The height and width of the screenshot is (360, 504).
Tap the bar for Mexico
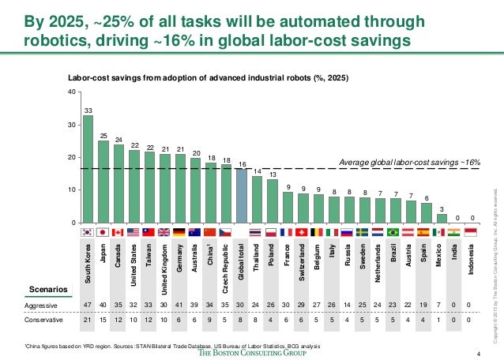pyautogui.click(x=442, y=218)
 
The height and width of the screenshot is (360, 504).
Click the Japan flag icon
pyautogui.click(x=103, y=233)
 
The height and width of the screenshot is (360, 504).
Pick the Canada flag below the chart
pyautogui.click(x=118, y=233)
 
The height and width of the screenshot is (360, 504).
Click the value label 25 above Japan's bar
pyautogui.click(x=103, y=136)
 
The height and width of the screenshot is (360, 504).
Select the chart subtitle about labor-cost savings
pyautogui.click(x=207, y=79)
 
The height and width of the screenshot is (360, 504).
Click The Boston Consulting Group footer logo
pyautogui.click(x=252, y=351)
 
